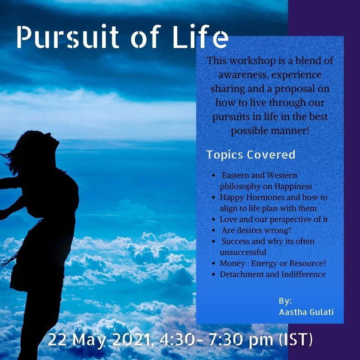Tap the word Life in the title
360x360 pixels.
[x=200, y=37]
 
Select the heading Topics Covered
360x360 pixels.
[x=251, y=155]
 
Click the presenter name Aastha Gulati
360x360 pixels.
[x=306, y=312]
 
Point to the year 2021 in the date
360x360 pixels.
[x=130, y=340]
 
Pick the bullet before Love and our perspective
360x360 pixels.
[x=213, y=220]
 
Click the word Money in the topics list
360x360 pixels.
[x=232, y=264]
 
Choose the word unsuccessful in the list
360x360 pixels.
[x=243, y=252]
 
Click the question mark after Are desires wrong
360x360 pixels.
[x=289, y=230]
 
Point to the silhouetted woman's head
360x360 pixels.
[x=37, y=147]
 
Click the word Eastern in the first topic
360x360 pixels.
[x=235, y=175]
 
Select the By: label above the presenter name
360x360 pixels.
[x=285, y=301]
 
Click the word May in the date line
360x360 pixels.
[x=90, y=340]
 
